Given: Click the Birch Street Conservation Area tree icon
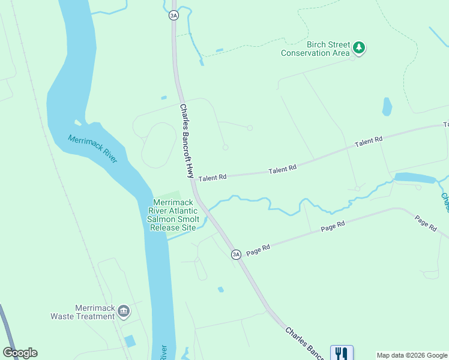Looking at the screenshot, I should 359,47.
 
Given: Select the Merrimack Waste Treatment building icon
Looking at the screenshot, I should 124,310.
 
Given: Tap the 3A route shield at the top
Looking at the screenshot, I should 173,15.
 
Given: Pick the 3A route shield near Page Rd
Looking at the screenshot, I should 236,254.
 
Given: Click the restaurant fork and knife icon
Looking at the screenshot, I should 342,353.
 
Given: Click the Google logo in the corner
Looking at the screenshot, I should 20,353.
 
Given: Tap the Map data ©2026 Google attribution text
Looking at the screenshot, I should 412,355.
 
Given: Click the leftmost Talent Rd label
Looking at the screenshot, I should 212,178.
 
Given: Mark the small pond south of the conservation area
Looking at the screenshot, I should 387,107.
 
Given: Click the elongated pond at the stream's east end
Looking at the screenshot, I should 415,178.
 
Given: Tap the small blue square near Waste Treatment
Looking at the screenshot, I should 130,341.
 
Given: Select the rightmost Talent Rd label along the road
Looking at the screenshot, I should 369,142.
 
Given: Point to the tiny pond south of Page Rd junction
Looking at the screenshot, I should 221,290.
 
